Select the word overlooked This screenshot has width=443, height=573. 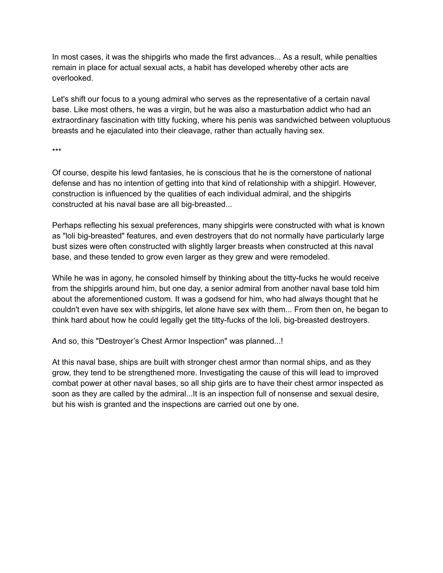72,78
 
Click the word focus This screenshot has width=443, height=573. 110,99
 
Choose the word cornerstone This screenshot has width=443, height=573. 301,173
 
